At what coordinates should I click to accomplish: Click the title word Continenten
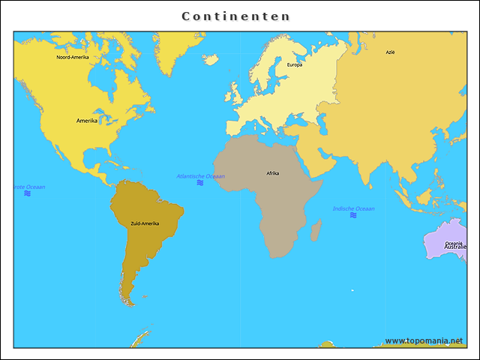click(236, 16)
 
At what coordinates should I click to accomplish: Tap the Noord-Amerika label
click(73, 57)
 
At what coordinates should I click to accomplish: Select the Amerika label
click(87, 121)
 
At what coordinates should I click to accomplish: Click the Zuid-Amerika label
click(145, 223)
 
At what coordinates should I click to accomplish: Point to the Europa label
click(295, 64)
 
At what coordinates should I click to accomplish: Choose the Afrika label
click(272, 173)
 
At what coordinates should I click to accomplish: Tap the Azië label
click(390, 52)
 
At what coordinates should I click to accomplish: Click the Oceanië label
click(454, 243)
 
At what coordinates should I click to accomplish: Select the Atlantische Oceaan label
click(200, 176)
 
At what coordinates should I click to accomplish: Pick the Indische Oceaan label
click(354, 208)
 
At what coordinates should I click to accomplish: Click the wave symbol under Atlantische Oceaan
click(200, 183)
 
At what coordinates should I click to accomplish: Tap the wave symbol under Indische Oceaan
click(353, 215)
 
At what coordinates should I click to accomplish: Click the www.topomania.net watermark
click(424, 340)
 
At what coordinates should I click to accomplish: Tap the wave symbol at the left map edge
click(27, 193)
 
